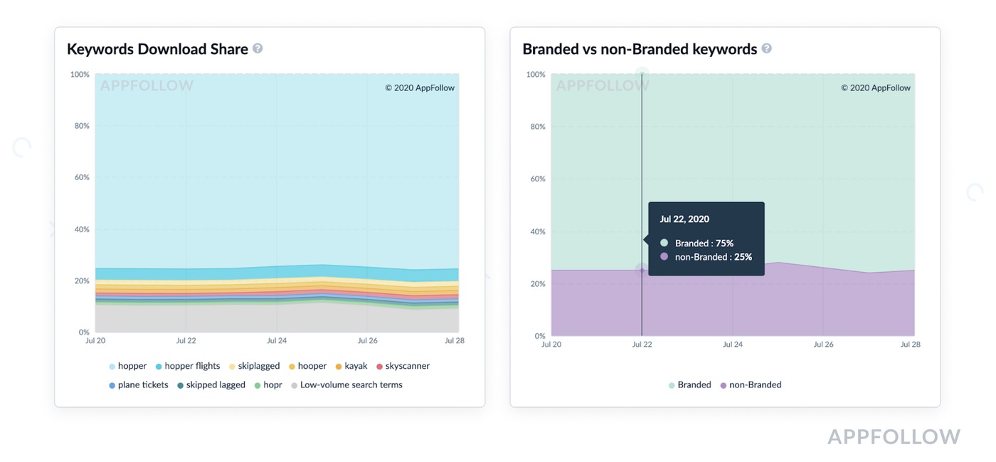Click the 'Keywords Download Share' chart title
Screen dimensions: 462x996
point(157,49)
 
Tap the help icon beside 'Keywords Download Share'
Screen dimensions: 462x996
point(258,48)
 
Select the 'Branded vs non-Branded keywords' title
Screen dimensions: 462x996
point(640,49)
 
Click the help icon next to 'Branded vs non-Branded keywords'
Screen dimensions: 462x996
point(766,48)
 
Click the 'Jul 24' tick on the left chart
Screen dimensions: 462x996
point(277,341)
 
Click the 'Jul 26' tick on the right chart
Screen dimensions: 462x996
point(823,345)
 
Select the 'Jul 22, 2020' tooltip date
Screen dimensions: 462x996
point(684,219)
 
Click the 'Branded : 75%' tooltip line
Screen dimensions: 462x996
point(704,243)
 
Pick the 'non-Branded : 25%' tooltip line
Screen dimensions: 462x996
point(713,257)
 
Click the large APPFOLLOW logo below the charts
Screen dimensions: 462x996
point(894,436)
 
